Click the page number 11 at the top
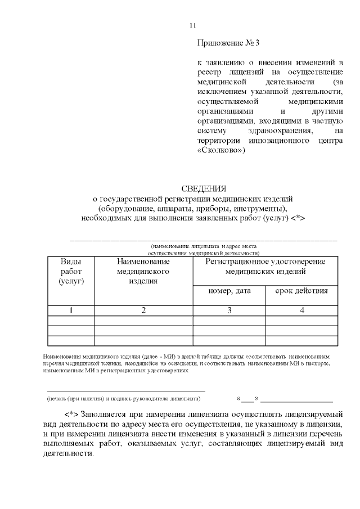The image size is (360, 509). point(192,25)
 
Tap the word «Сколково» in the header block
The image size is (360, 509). point(221,151)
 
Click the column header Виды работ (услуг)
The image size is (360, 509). point(71,271)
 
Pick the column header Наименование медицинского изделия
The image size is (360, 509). point(143,271)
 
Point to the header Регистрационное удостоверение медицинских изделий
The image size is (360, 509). point(265,266)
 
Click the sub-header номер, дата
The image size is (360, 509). point(229,291)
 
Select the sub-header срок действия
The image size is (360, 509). point(301,291)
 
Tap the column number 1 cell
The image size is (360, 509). point(71,310)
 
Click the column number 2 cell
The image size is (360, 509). point(143,310)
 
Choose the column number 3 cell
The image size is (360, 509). point(229,310)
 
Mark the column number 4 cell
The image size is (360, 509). point(301,310)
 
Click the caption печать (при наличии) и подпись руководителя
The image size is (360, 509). point(123,398)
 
